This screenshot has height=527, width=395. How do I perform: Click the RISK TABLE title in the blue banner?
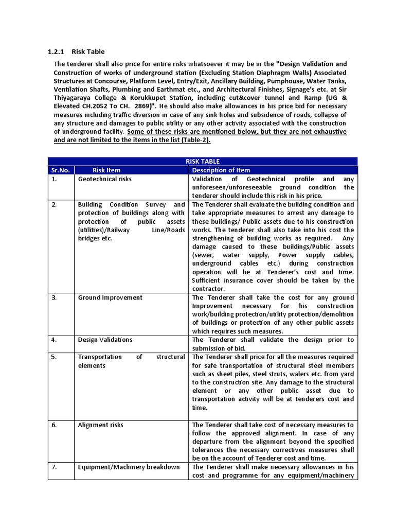click(x=203, y=162)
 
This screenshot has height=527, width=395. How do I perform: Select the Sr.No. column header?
click(x=60, y=170)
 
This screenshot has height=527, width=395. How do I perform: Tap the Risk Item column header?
click(x=106, y=170)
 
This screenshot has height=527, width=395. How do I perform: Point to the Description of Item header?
click(x=221, y=170)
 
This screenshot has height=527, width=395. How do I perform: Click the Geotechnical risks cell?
click(x=104, y=179)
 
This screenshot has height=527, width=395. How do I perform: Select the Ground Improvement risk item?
click(x=110, y=297)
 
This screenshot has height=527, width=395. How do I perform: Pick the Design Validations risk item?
click(x=105, y=340)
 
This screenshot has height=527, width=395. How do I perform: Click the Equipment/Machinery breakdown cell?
click(x=129, y=467)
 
